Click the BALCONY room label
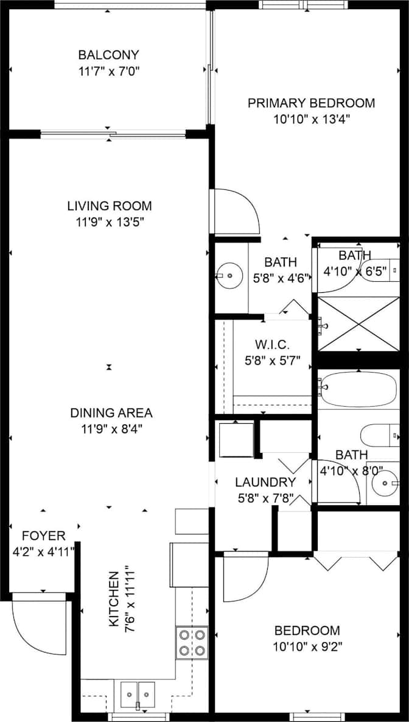pos(108,55)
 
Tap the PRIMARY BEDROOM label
pos(312,103)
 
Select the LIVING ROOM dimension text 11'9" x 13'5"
pos(111,222)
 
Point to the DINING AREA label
pos(111,413)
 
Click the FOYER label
pos(44,536)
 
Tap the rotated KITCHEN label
pos(113,599)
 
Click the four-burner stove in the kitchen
pos(192,643)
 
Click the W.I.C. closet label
pos(273,345)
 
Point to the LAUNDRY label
pos(265,482)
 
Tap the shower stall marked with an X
pos(359,324)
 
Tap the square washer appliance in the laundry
pos(236,440)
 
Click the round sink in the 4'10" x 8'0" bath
pos(385,483)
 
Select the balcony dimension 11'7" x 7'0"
pos(108,71)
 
